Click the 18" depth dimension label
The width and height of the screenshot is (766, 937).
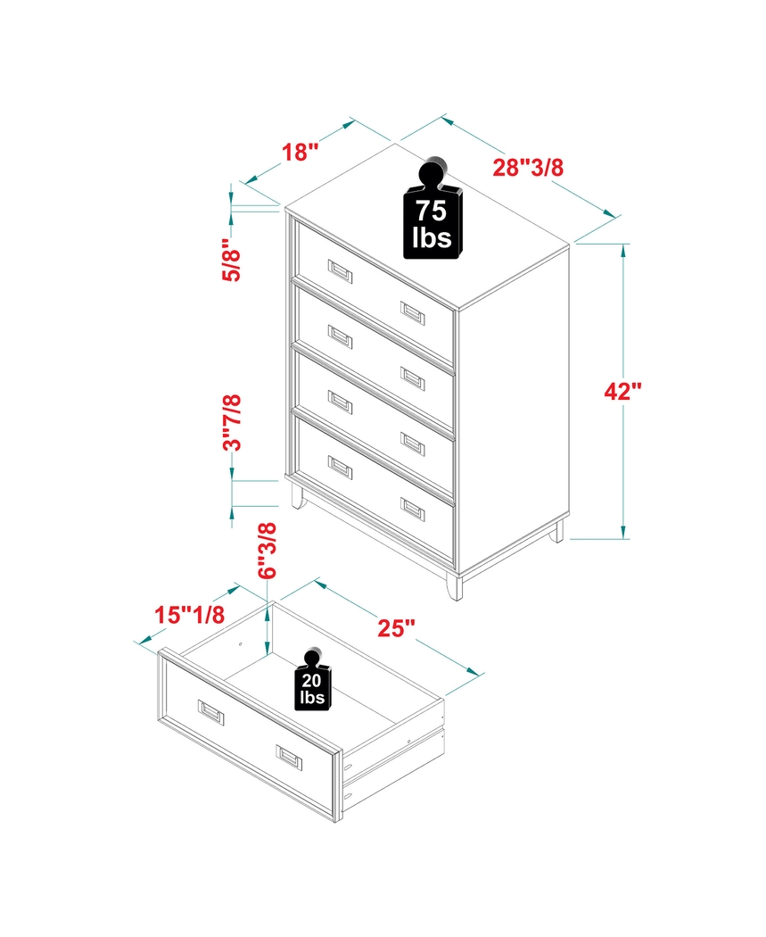(x=301, y=152)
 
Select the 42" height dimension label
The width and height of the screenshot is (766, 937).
(x=622, y=392)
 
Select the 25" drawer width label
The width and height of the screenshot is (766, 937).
(x=398, y=628)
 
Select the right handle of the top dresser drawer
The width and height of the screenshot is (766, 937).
(x=412, y=311)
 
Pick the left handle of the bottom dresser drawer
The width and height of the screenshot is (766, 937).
(x=340, y=466)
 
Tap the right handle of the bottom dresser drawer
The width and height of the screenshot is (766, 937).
(x=412, y=509)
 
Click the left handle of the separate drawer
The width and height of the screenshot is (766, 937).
(x=211, y=710)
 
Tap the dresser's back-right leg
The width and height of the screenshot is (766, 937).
(x=557, y=533)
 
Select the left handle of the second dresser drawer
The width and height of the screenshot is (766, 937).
(x=340, y=336)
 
